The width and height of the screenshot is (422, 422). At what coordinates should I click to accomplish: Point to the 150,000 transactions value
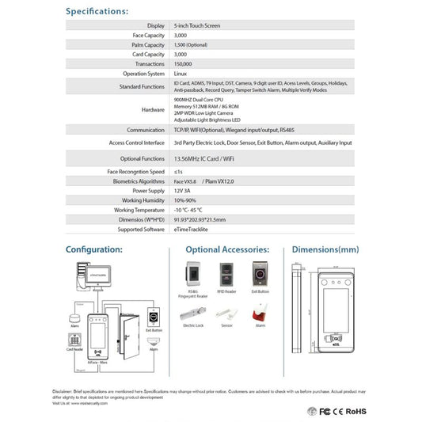point(184,65)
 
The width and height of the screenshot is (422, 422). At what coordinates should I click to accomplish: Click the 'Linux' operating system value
point(181,74)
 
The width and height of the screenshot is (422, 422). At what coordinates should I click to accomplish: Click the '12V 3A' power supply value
point(184,190)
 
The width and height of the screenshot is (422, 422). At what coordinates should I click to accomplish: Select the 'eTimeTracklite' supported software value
point(194,230)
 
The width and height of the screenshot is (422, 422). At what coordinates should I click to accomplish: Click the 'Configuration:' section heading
point(94,249)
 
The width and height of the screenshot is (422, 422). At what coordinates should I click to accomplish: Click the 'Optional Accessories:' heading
point(230,249)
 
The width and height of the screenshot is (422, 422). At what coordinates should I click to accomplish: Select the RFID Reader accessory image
point(226,273)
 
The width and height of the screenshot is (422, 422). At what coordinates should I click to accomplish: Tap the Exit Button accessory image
point(260,273)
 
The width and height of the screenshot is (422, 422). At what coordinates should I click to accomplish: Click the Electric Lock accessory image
point(193,313)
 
